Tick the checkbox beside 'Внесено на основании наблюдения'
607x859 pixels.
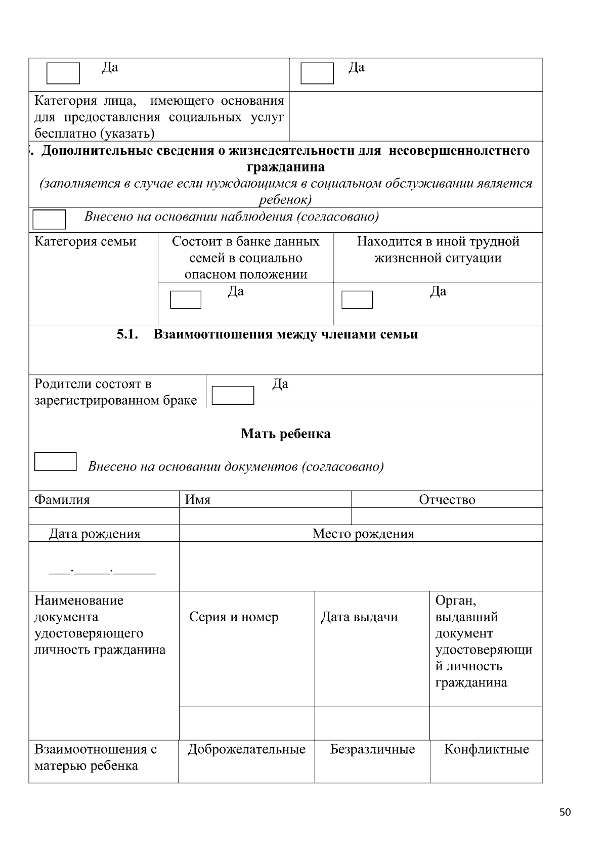(x=49, y=220)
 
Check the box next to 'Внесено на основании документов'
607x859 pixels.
(x=55, y=461)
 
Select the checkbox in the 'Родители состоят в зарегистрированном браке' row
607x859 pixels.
(x=233, y=395)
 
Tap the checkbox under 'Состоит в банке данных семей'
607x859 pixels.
(x=186, y=299)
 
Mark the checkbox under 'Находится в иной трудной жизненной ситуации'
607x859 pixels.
(x=357, y=299)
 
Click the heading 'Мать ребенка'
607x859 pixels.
(x=286, y=434)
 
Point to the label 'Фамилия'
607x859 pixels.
(x=62, y=500)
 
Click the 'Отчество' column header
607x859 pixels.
(x=447, y=500)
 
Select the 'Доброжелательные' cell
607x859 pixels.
(x=246, y=749)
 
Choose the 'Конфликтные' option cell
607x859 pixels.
(x=486, y=749)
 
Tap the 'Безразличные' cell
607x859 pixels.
(x=372, y=749)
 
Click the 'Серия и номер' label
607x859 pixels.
(x=234, y=617)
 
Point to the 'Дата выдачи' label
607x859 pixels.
(x=359, y=617)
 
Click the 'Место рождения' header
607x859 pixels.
(x=363, y=534)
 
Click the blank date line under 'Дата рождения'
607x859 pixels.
(x=102, y=572)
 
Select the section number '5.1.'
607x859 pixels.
(x=127, y=334)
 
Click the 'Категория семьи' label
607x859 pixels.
(x=85, y=242)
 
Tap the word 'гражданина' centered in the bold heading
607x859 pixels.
(x=286, y=167)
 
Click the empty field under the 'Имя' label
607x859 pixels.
(x=265, y=516)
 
